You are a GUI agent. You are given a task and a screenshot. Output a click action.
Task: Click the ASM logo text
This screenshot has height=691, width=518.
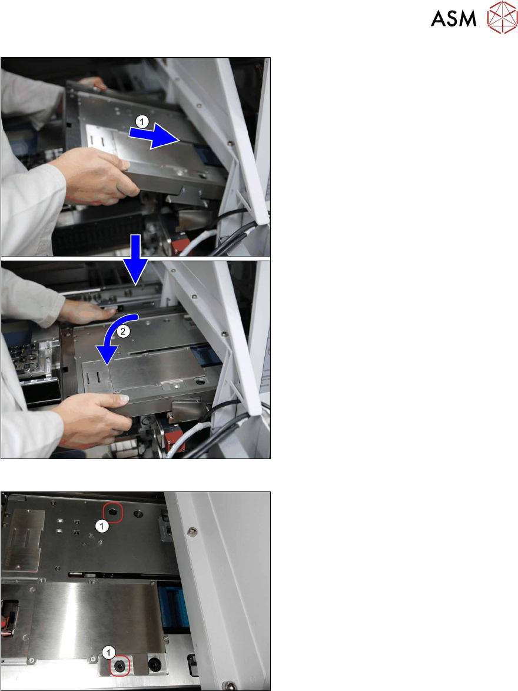pos(453,18)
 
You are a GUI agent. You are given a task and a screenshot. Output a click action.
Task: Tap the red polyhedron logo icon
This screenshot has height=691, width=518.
pos(502,17)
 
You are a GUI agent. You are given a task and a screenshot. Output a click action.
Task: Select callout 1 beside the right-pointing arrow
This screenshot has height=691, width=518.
pos(141,121)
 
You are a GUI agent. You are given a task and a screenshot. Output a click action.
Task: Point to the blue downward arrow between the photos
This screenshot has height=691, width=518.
pos(136,260)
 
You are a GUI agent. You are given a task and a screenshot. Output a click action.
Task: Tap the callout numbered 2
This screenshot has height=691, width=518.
pos(123,332)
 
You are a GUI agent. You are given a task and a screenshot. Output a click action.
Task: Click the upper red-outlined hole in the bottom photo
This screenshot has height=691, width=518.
pos(112,513)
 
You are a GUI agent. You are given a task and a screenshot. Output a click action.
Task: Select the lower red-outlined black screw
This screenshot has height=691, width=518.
pos(119,666)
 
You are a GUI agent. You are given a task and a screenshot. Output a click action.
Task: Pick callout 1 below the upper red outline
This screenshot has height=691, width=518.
pos(102,526)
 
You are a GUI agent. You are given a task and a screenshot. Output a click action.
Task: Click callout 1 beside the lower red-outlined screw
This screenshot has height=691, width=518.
pos(108,652)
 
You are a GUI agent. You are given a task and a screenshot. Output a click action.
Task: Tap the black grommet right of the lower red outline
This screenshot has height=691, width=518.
pos(155,664)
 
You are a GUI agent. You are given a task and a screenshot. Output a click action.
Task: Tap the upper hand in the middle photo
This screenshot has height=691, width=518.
pos(87,310)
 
